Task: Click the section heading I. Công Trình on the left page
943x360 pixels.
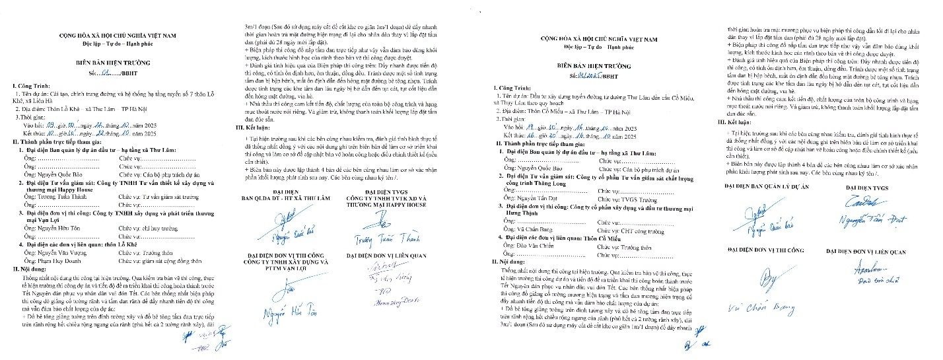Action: [32, 86]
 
